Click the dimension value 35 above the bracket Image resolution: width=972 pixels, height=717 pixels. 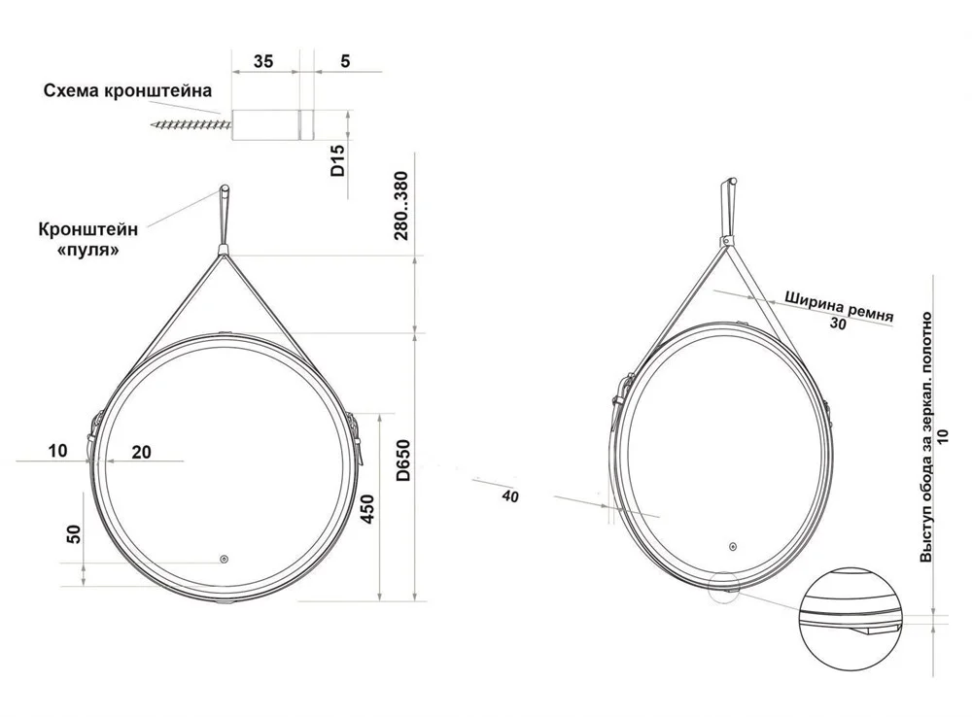pos(262,61)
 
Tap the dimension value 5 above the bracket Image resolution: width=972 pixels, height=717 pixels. pos(345,61)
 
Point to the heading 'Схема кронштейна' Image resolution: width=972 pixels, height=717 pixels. pos(127,91)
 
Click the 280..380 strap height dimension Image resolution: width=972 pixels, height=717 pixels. pos(401,206)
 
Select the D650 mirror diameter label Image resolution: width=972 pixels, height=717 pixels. pos(403,461)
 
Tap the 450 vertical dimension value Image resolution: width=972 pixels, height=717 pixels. pos(367,509)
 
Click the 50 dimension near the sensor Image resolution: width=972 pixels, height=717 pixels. pos(73,533)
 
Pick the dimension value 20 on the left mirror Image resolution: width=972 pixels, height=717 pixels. pos(141,453)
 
